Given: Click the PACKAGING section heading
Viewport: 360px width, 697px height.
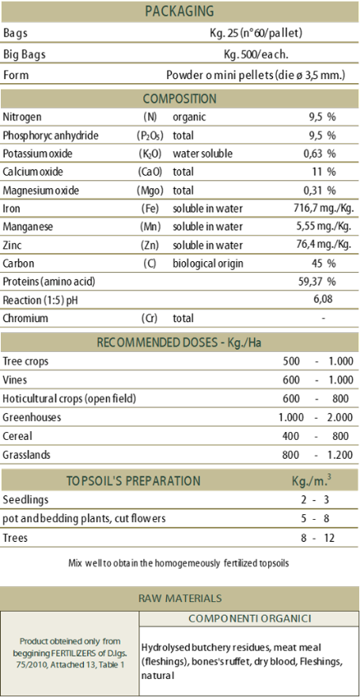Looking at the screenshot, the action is click(180, 10).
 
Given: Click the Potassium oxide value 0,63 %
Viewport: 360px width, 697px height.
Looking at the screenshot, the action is click(320, 153).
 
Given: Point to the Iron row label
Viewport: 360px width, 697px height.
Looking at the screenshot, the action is click(11, 209).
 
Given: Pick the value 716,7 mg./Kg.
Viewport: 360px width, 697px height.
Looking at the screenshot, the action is click(320, 209).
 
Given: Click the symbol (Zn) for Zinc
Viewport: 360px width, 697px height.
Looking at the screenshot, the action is click(150, 245).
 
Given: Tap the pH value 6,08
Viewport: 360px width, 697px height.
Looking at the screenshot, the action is click(323, 300).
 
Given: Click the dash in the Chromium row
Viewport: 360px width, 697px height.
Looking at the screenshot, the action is click(324, 318).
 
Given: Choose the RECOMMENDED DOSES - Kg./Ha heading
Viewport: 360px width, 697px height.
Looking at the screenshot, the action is click(180, 343).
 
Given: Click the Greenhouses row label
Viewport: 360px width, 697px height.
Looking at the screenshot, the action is click(32, 418).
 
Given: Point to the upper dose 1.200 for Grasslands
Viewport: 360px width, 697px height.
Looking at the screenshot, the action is click(341, 455).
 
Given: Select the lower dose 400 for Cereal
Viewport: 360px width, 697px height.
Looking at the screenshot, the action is click(291, 436).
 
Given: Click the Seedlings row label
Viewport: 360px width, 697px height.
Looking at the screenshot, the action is click(25, 500).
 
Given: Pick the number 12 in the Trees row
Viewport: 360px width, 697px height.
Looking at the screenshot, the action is click(328, 538).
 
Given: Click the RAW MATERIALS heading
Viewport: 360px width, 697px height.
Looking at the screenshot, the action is click(180, 598).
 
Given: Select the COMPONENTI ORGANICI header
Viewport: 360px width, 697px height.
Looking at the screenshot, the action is click(249, 619).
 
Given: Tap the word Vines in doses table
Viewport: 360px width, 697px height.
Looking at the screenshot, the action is click(15, 380).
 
